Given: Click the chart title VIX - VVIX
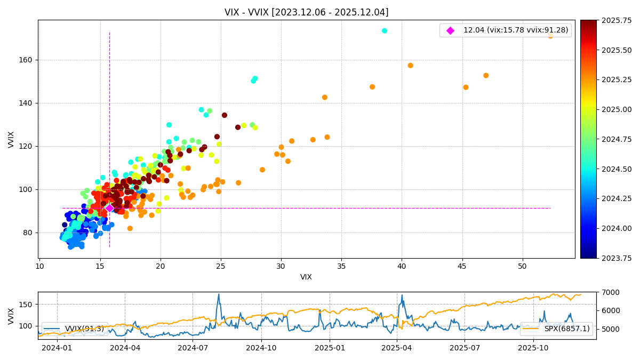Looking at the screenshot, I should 306,12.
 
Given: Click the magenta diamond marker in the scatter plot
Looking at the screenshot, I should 109,208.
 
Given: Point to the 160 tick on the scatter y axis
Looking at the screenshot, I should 28,60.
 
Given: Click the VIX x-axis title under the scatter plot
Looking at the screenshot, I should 306,277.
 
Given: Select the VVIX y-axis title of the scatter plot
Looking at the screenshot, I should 11,139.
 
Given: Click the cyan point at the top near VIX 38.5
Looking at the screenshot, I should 385,31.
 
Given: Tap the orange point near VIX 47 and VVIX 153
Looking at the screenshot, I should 486,76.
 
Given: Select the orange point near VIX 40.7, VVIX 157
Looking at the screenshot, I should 410,66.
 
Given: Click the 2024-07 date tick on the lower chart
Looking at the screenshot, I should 193,348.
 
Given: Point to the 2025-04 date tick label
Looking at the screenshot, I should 397,348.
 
